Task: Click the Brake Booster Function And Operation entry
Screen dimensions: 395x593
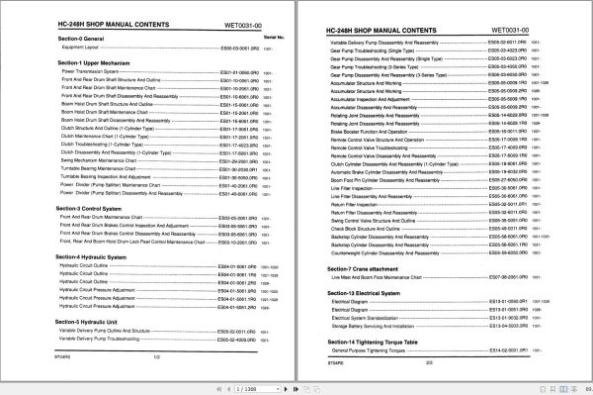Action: [x=366, y=129]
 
